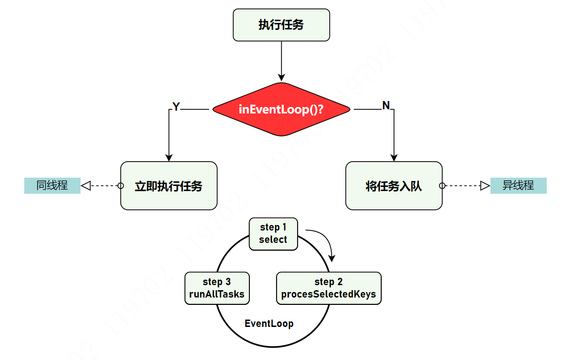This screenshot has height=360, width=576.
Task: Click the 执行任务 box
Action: pyautogui.click(x=281, y=25)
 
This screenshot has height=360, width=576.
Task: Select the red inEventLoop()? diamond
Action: pyautogui.click(x=281, y=109)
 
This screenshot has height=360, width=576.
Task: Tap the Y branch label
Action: pyautogui.click(x=176, y=107)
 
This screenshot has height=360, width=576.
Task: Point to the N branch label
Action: pyautogui.click(x=386, y=106)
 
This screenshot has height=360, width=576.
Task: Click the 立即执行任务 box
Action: pyautogui.click(x=169, y=186)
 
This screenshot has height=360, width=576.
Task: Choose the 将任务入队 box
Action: pyautogui.click(x=394, y=186)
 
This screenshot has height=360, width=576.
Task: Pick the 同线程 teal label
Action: pyautogui.click(x=52, y=186)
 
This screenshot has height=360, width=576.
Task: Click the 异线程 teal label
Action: pyautogui.click(x=518, y=186)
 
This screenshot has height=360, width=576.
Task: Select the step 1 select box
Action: pyautogui.click(x=273, y=234)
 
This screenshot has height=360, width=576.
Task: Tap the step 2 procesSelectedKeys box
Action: pyautogui.click(x=328, y=288)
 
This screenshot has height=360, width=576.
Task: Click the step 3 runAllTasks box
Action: pyautogui.click(x=217, y=288)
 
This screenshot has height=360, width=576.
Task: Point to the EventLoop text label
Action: pyautogui.click(x=269, y=323)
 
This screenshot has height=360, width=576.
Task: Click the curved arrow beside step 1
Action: pyautogui.click(x=324, y=241)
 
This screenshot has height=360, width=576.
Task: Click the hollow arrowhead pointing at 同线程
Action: pyautogui.click(x=86, y=186)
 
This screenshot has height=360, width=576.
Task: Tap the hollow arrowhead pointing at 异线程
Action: pyautogui.click(x=485, y=186)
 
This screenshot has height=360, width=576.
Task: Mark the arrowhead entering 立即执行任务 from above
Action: pyautogui.click(x=169, y=157)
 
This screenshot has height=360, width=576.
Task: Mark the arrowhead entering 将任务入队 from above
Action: pyautogui.click(x=394, y=157)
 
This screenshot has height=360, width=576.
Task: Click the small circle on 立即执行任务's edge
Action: pyautogui.click(x=121, y=186)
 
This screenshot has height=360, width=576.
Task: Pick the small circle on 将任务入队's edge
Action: pyautogui.click(x=442, y=186)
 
